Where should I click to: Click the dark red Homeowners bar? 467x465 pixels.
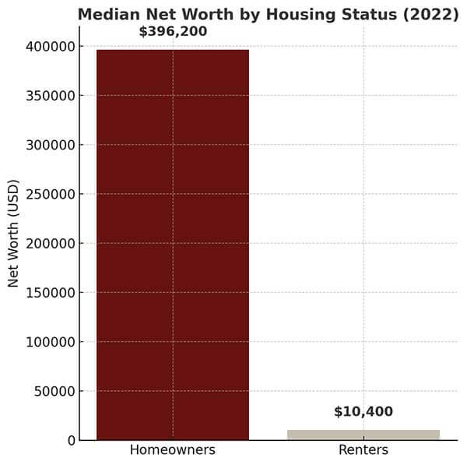point(172,245)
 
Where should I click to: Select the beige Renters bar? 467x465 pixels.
point(363,435)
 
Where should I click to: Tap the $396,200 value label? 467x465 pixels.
point(173,32)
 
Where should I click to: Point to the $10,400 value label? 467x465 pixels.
point(363,412)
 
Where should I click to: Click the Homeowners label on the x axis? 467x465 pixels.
point(172,450)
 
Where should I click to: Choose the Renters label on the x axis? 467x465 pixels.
point(363,450)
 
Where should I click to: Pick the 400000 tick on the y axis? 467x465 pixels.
point(50,47)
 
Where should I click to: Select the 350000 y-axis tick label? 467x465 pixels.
point(50,96)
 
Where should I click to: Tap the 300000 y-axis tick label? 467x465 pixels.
point(50,145)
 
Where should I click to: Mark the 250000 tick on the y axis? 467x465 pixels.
point(50,194)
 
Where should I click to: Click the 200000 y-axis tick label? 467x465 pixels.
point(50,243)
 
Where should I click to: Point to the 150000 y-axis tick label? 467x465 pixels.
point(50,293)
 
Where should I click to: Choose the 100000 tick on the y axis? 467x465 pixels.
point(50,342)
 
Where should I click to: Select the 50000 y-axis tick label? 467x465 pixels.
point(54,391)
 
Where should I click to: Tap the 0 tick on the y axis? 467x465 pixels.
point(71,440)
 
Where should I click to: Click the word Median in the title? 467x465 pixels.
point(106,15)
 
